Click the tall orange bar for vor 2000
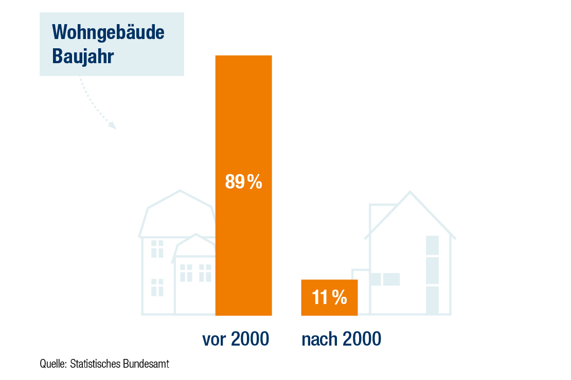pos(244,185)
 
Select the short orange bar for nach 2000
pos(329,297)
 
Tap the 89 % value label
pos(244,181)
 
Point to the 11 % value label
pos(330,297)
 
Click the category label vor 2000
pos(236,339)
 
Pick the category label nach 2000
pos(341,339)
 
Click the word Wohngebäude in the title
pos(108,32)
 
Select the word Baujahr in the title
pos(83,56)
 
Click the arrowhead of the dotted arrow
pos(113,125)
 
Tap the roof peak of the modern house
pos(411,192)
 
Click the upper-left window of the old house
pos(157,249)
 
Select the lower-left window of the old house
pos(157,287)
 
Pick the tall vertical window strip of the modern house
pos(432,275)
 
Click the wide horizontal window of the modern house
pos(386,279)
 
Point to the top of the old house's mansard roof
pos(180,191)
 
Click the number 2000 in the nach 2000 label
pos(362,339)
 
